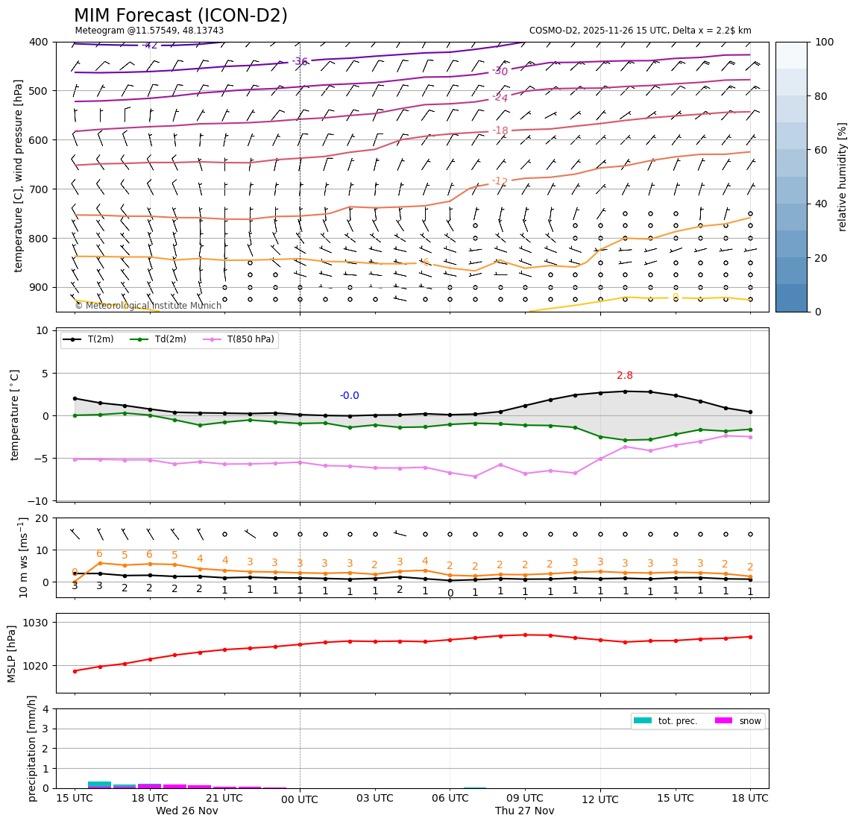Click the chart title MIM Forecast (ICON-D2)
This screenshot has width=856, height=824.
coord(180,16)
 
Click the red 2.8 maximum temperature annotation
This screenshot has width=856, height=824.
coord(625,376)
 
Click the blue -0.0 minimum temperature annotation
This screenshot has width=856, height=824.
coord(349,396)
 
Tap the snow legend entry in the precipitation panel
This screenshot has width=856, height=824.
coord(749,721)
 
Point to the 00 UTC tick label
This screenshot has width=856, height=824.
coord(300,799)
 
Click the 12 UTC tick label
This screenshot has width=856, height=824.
coord(600,799)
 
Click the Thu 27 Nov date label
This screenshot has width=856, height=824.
coord(525,811)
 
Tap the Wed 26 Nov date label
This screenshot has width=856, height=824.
coord(187,811)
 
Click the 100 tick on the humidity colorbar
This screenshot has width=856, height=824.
coord(824,42)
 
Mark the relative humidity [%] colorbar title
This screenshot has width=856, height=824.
coord(843,177)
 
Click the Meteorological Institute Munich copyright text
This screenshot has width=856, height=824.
coord(148,306)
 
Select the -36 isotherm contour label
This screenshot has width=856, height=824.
coord(300,62)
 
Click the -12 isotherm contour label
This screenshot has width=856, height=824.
coord(500,181)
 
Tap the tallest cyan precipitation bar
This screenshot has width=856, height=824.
coord(99,784)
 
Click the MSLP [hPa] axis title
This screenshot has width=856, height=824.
coord(12,653)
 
